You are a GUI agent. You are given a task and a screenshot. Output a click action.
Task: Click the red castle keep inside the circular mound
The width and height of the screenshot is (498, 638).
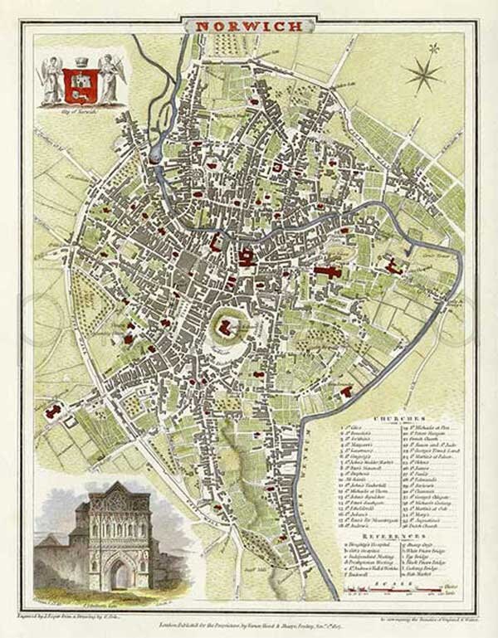pyautogui.click(x=224, y=329)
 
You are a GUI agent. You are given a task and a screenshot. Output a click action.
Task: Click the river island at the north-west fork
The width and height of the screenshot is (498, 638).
pyautogui.click(x=155, y=155)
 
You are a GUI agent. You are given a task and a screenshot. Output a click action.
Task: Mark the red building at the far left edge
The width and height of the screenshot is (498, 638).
pyautogui.click(x=56, y=410)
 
